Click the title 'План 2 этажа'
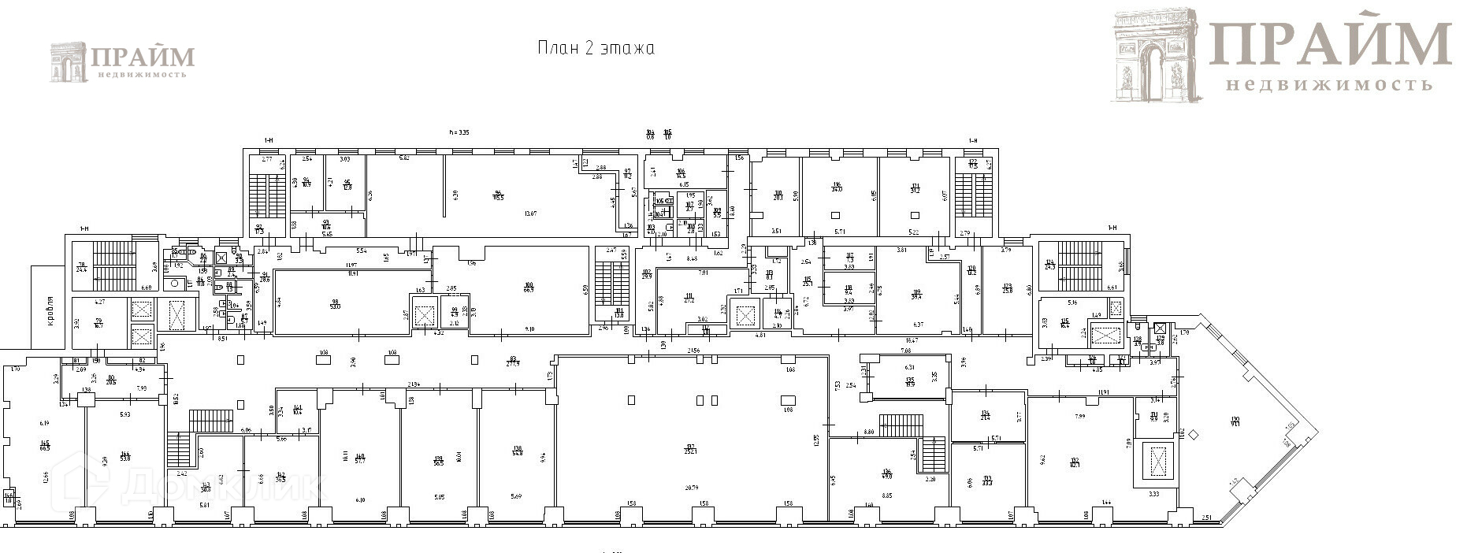[x=596, y=49]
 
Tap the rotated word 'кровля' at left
[x=49, y=311]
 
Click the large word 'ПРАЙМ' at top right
[x=1330, y=44]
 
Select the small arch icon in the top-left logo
[x=68, y=61]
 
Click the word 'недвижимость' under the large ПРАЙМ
[x=1328, y=84]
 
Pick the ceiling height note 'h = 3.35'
[x=459, y=133]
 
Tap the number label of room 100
[x=529, y=287]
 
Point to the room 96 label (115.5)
[x=498, y=195]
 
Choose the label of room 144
[x=125, y=455]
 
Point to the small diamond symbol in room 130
[x=1194, y=434]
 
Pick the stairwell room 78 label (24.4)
[x=81, y=266]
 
